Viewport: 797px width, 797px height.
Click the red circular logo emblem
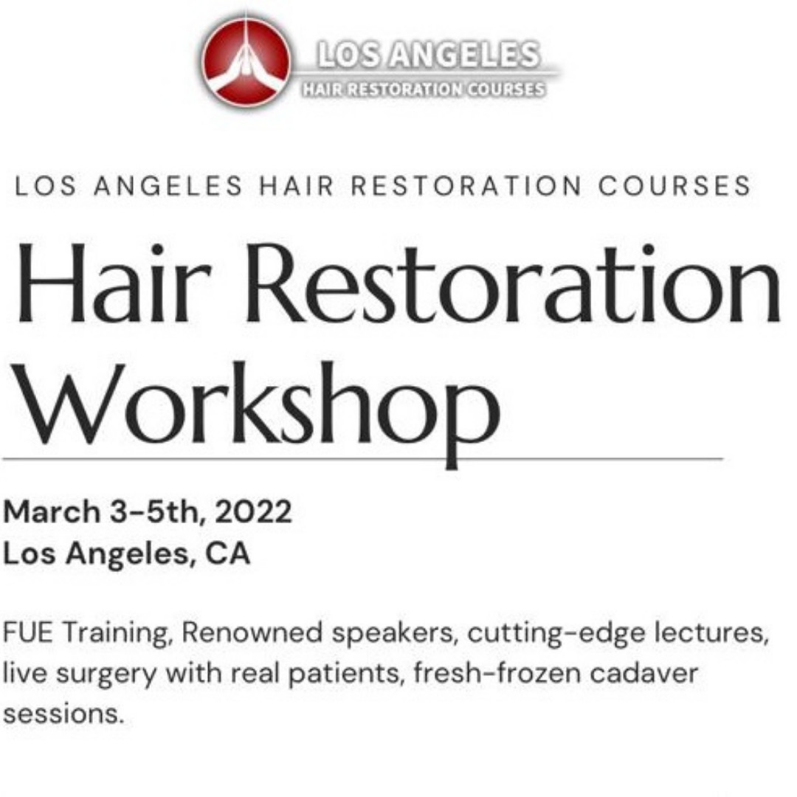246,61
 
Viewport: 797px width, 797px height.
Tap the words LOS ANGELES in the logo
428,55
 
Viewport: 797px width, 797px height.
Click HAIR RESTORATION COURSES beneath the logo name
424,89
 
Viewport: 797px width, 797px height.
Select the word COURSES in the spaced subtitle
674,186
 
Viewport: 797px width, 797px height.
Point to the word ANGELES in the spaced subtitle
168,186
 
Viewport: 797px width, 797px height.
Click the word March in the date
52,511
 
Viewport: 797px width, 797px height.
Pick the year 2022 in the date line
253,511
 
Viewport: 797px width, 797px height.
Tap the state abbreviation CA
228,553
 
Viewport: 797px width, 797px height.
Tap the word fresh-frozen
497,674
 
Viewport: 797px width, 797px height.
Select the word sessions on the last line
63,714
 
